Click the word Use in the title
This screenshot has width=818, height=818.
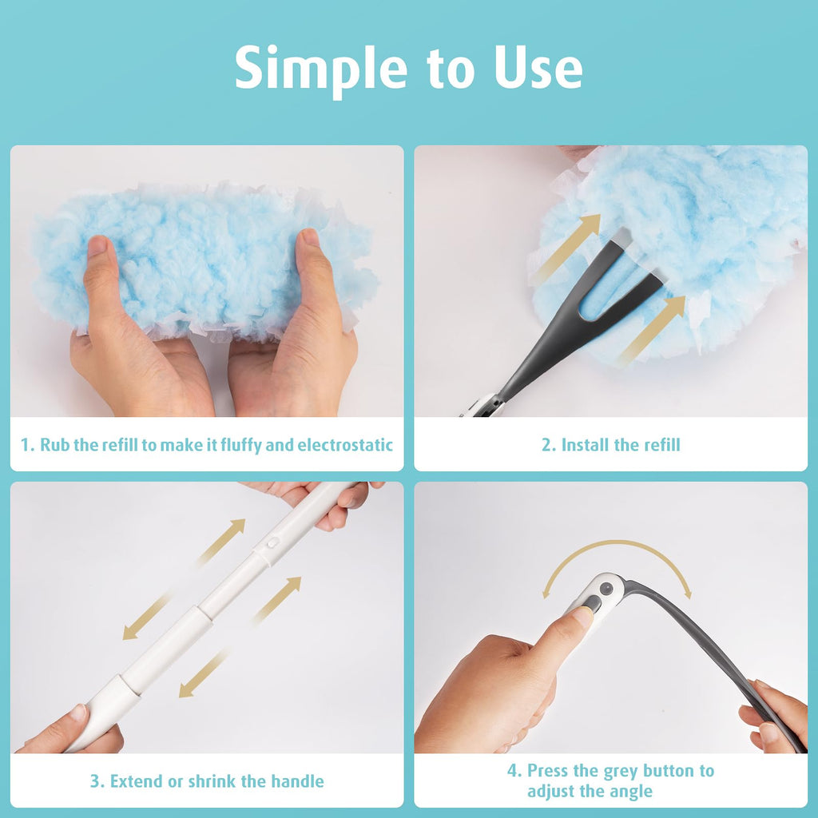(x=538, y=68)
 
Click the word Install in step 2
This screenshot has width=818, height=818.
(x=585, y=445)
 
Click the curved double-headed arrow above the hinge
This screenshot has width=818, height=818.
(x=617, y=542)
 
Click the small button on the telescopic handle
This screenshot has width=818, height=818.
(x=272, y=542)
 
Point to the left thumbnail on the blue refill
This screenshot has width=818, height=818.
(x=97, y=245)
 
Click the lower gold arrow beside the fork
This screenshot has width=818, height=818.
(x=652, y=328)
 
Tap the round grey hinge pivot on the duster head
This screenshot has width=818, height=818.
(x=606, y=589)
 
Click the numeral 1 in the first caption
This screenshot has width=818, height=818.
(x=25, y=445)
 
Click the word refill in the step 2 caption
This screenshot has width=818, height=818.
(x=662, y=445)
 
